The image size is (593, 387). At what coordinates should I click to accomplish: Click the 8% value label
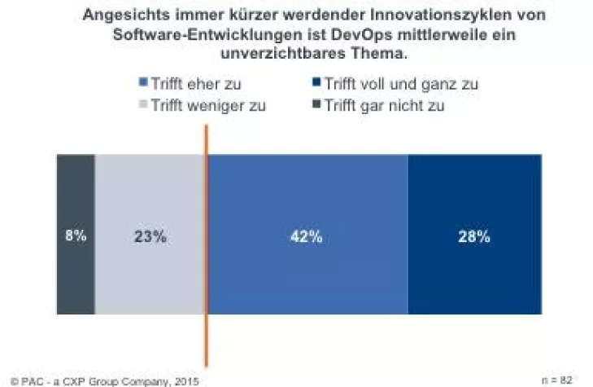(x=75, y=237)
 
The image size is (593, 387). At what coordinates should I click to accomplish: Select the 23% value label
(x=150, y=237)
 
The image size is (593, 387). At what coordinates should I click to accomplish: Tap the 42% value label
(x=307, y=237)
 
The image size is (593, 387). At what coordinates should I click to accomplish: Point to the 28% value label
(x=473, y=237)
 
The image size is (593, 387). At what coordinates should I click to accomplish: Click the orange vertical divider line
(x=206, y=342)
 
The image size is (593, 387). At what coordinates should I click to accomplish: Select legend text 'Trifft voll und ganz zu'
(x=399, y=84)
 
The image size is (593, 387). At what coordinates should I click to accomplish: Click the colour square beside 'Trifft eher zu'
(x=143, y=84)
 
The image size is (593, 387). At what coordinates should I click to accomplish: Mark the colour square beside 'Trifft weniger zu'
(x=143, y=105)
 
